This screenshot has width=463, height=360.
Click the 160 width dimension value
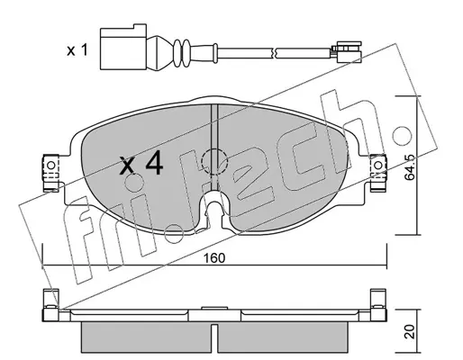(x=213, y=258)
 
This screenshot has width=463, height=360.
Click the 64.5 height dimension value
(x=409, y=167)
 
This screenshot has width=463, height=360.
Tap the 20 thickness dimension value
(x=411, y=331)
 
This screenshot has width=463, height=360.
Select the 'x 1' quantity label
(x=77, y=50)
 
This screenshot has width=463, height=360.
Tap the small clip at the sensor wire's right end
(x=346, y=52)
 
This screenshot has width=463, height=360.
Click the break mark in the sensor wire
(x=274, y=52)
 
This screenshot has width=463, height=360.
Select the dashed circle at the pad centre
(x=213, y=162)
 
